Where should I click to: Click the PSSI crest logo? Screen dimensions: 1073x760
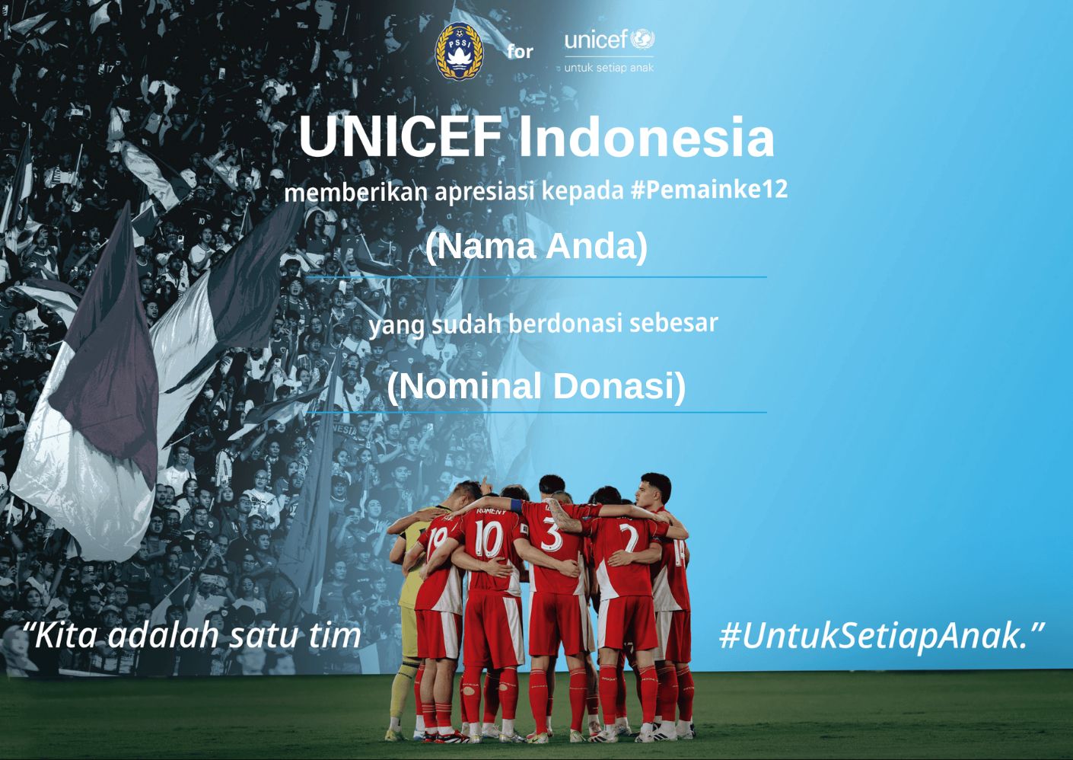pos(459,52)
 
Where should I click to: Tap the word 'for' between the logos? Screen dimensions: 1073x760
pos(521,51)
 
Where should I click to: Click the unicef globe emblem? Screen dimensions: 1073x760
pos(642,40)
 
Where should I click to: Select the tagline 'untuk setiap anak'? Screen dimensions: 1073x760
pos(609,68)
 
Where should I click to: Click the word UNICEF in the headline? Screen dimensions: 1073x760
pos(400,136)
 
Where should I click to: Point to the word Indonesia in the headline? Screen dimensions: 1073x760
pos(647,136)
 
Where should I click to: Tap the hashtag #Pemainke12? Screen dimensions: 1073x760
pos(709,189)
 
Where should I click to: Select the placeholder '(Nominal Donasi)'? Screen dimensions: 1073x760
pos(536,386)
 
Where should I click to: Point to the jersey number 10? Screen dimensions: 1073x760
pos(489,539)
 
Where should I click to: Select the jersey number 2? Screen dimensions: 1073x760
pos(629,538)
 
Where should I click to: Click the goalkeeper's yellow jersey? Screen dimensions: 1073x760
pos(410,566)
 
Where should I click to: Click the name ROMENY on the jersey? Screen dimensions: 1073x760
pos(491,512)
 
